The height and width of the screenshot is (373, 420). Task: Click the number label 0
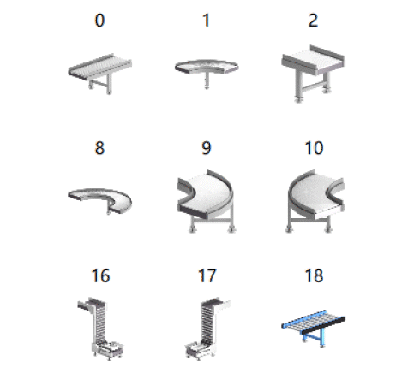pyautogui.click(x=99, y=21)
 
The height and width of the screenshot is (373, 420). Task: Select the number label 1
pyautogui.click(x=207, y=21)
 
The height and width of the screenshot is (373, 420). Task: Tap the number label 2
pyautogui.click(x=313, y=21)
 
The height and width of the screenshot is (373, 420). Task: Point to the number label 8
pyautogui.click(x=99, y=148)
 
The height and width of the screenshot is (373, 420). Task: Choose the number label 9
pyautogui.click(x=207, y=148)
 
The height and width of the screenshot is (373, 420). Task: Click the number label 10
pyautogui.click(x=315, y=148)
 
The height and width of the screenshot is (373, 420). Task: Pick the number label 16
pyautogui.click(x=100, y=276)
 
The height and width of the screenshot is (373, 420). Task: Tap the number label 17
pyautogui.click(x=207, y=276)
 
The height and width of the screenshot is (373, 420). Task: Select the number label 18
pyautogui.click(x=315, y=276)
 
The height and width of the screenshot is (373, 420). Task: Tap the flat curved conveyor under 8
pyautogui.click(x=99, y=198)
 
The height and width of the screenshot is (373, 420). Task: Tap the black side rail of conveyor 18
pyautogui.click(x=323, y=325)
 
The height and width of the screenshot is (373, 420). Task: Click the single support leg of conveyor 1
pyautogui.click(x=207, y=80)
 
